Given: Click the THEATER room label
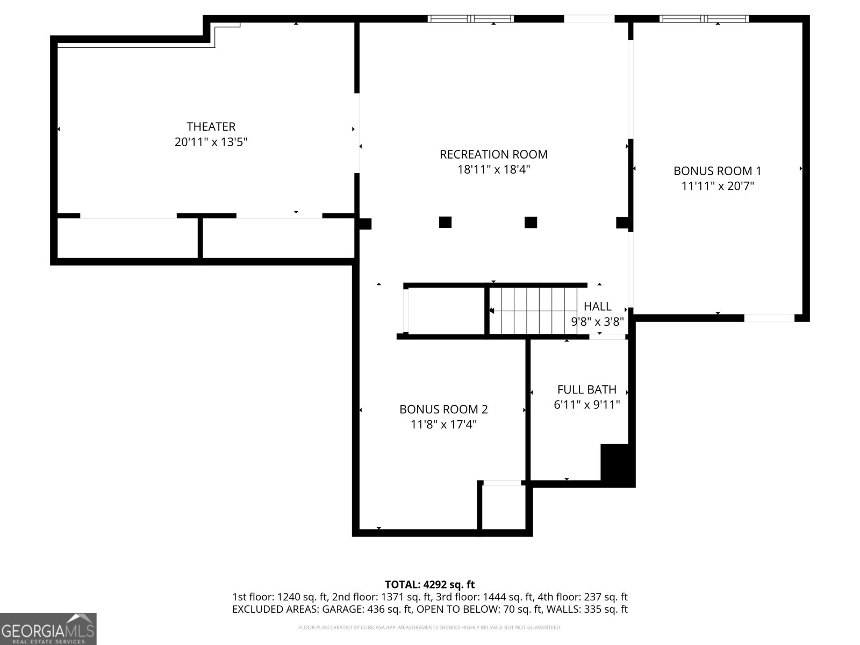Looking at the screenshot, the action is click(x=211, y=126).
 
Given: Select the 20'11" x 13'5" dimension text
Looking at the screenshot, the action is click(x=211, y=142).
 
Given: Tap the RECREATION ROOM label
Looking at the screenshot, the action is click(x=493, y=154).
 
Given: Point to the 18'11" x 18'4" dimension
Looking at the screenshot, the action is click(x=493, y=169).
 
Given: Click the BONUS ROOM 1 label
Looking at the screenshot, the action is click(x=717, y=171).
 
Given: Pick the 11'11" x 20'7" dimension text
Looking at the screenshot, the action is click(x=717, y=186).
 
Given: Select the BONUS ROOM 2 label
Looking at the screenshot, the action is click(x=443, y=409).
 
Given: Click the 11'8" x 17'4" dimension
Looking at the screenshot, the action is click(x=443, y=425).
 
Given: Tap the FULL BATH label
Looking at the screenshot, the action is click(x=586, y=389).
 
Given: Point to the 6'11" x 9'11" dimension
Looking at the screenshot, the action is click(x=586, y=405).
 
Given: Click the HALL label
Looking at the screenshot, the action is click(x=598, y=306).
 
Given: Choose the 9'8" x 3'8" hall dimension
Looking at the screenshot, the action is click(x=598, y=321).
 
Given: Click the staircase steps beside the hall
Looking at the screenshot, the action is click(x=533, y=311).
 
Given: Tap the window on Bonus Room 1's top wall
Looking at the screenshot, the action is click(x=704, y=18).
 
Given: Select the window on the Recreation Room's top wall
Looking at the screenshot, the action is click(x=470, y=18).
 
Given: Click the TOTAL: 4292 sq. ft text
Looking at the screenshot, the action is click(x=430, y=584).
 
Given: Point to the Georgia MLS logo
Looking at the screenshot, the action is click(x=48, y=628).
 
